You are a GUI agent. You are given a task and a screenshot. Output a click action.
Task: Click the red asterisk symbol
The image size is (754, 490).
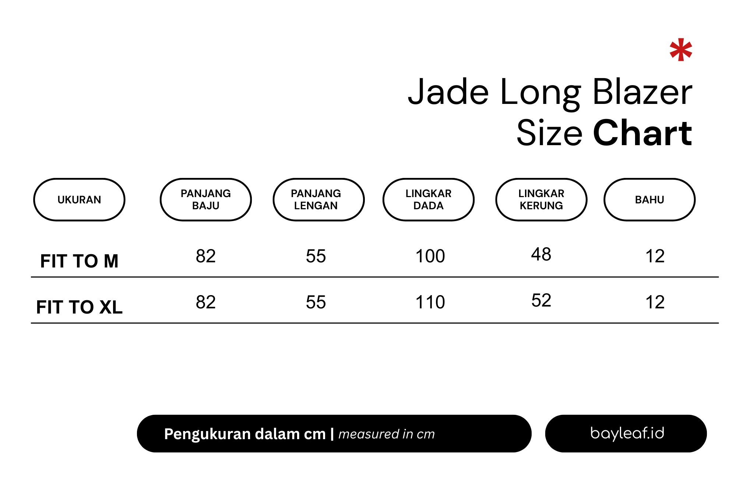(681, 50)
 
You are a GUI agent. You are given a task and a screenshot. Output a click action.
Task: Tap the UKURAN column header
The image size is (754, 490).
(79, 200)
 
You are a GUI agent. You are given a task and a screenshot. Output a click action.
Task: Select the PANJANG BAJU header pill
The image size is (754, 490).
(206, 200)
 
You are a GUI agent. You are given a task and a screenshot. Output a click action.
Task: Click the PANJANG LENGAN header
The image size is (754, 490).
(319, 200)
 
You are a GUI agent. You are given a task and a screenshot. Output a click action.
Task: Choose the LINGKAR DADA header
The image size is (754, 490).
(429, 200)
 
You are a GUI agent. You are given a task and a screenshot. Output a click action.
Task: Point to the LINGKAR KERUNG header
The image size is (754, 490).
(541, 200)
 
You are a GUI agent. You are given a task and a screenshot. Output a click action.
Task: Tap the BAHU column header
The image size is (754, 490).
(649, 200)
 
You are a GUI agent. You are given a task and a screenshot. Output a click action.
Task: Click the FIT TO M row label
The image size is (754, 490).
(79, 261)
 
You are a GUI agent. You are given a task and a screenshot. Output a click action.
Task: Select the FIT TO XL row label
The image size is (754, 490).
(79, 307)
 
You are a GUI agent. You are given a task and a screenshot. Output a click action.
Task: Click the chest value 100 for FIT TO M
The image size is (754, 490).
(430, 256)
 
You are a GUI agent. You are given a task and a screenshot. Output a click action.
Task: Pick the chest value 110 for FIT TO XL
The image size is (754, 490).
(430, 302)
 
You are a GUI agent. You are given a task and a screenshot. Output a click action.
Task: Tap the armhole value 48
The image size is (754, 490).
(541, 254)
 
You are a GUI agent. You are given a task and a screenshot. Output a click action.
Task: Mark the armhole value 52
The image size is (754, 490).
(541, 300)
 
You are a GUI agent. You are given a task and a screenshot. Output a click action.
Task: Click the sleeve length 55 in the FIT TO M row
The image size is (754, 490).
(316, 256)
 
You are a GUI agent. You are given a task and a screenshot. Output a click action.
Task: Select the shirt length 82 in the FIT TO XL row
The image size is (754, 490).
(206, 302)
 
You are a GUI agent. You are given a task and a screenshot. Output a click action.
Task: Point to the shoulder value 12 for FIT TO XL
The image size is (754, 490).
(655, 302)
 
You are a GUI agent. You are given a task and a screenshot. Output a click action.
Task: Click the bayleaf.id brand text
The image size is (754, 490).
(627, 433)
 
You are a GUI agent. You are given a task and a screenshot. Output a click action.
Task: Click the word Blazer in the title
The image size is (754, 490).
(642, 92)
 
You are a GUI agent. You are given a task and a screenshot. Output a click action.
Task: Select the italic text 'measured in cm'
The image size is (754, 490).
(387, 434)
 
